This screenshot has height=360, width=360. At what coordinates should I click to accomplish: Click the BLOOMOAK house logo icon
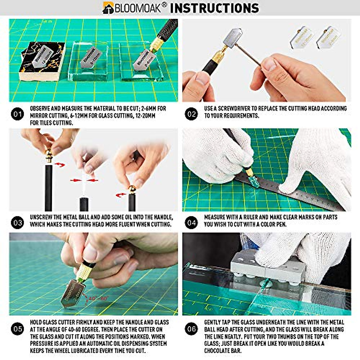coord(108,8)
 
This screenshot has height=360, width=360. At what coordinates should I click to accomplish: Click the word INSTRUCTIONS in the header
coord(214,8)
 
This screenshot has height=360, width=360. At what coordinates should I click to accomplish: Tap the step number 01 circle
coord(17,114)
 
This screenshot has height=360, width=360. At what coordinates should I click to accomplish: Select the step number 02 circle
coord(191,114)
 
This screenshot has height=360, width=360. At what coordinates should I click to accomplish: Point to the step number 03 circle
coord(17,223)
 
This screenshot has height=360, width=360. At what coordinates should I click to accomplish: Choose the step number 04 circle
coord(191,223)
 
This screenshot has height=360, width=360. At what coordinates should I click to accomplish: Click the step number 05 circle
coord(17,329)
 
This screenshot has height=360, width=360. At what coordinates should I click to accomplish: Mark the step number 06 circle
coord(191,329)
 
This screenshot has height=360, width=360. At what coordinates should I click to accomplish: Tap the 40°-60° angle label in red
coord(97,298)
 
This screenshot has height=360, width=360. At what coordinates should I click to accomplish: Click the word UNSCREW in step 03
coord(41,217)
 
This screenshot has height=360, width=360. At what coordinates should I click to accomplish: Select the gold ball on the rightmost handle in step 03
coord(132,190)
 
